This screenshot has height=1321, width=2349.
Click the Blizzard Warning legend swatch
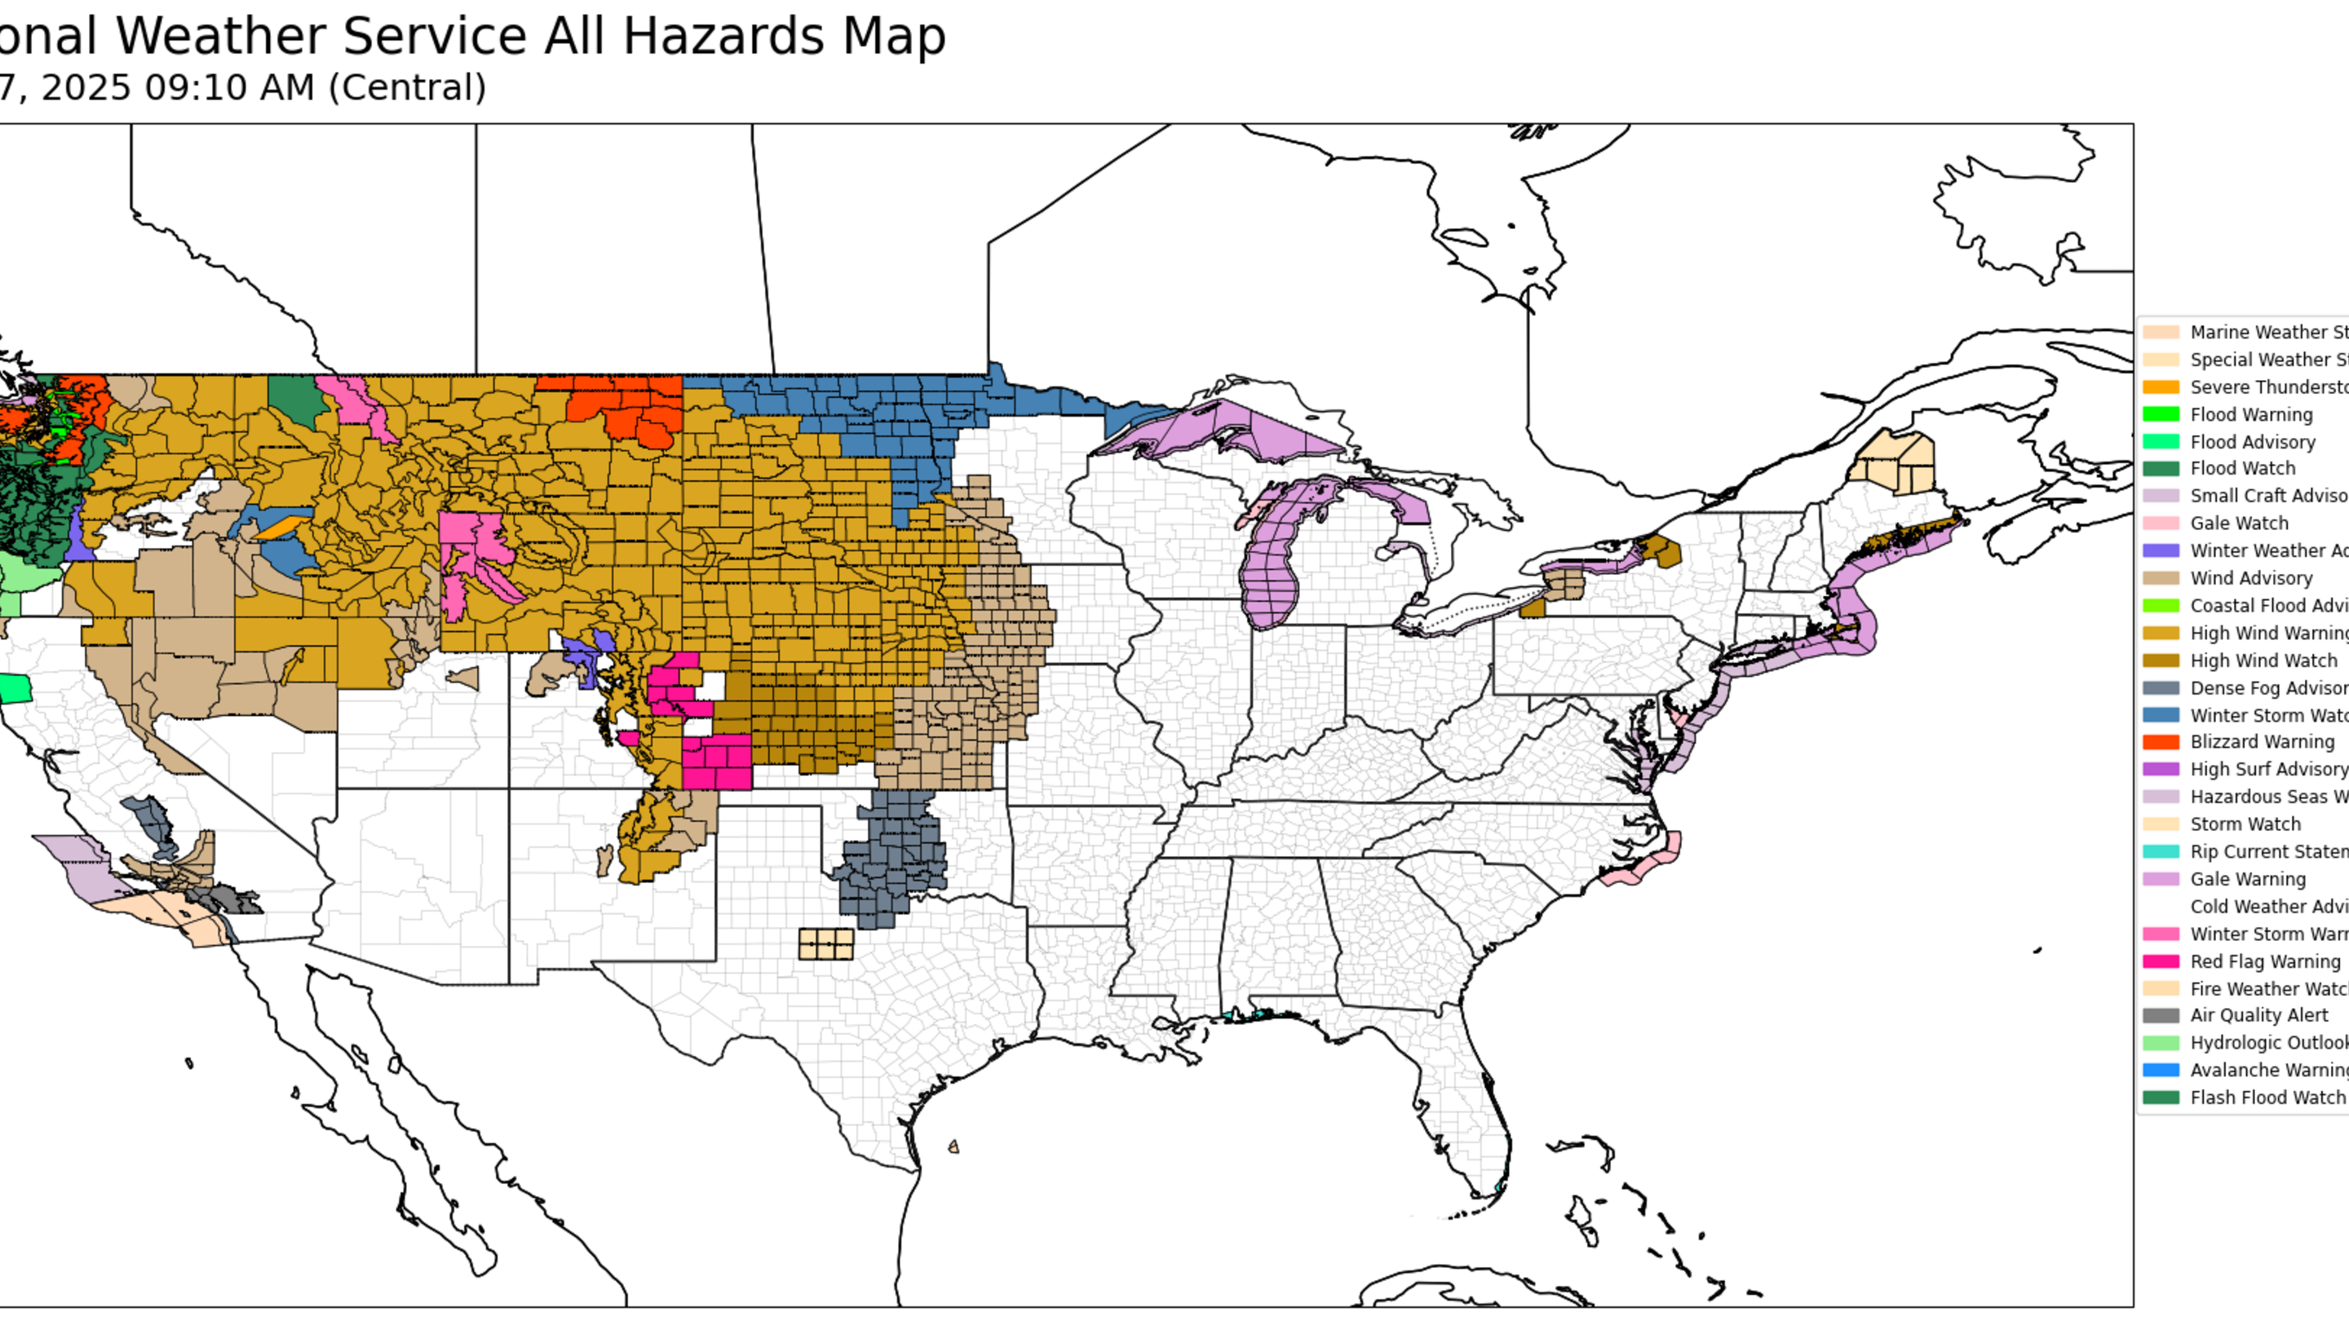point(2161,742)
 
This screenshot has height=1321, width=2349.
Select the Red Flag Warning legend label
point(2265,961)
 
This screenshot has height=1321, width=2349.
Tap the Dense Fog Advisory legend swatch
point(2161,687)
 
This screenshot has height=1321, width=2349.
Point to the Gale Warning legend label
point(2248,879)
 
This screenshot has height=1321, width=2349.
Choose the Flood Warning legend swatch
point(2161,414)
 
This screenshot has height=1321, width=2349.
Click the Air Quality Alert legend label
point(2258,1014)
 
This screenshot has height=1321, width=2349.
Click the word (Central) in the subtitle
point(407,87)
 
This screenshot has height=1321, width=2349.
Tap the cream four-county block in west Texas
point(825,943)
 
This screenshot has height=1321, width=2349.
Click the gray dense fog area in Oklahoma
point(889,857)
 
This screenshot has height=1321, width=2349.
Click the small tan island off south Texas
point(953,1146)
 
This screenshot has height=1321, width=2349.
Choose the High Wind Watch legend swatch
point(2161,660)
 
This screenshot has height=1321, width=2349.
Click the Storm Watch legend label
point(2245,824)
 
